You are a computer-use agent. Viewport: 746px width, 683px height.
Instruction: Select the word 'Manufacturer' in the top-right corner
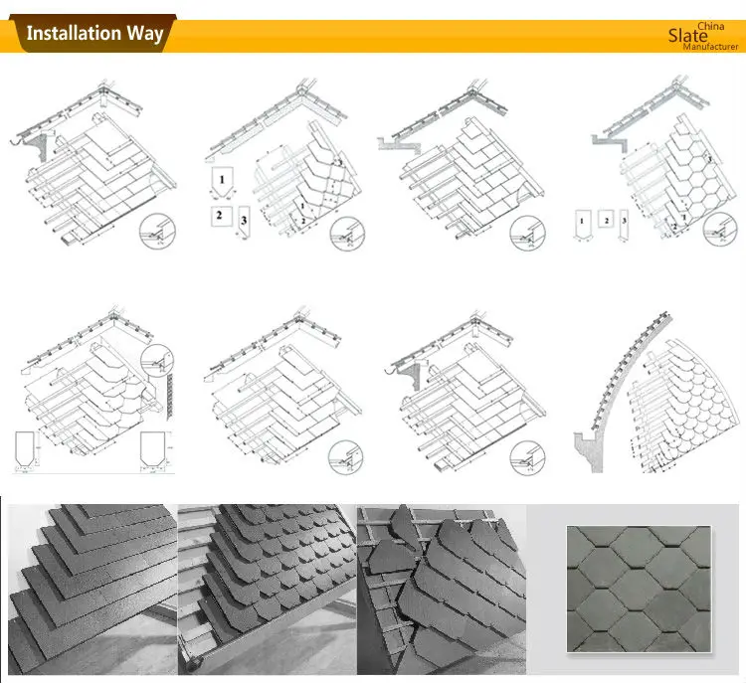[x=711, y=47]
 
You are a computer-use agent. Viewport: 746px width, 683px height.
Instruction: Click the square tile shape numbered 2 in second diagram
[x=219, y=215]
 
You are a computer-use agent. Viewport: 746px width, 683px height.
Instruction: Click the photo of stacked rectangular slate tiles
[x=90, y=587]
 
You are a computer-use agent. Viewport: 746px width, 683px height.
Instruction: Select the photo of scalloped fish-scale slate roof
[x=265, y=587]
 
